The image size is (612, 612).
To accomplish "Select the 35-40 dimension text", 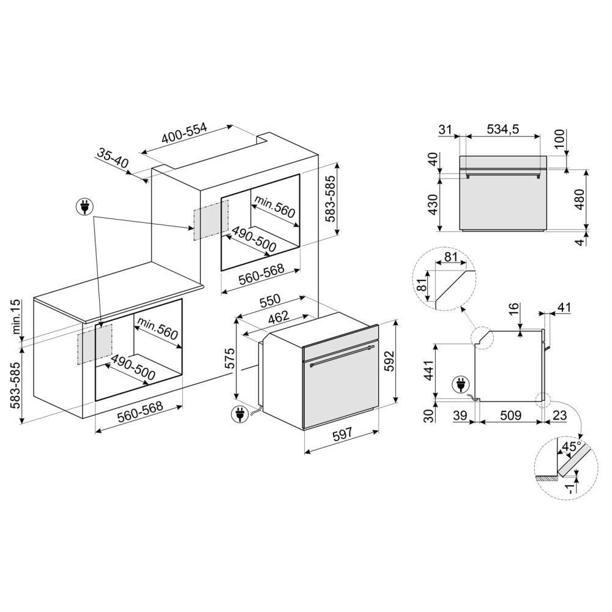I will (113, 158).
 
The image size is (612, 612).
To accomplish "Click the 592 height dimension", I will (406, 365).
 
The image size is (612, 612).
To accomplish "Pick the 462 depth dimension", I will (278, 320).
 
